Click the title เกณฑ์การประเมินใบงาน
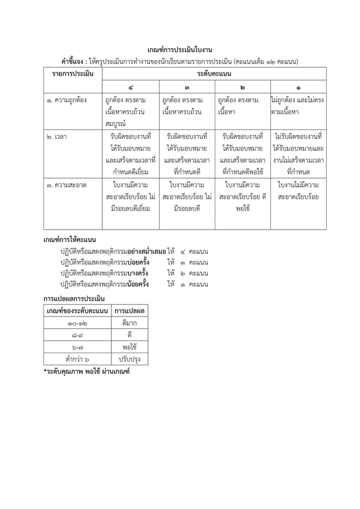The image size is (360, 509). tap(180, 50)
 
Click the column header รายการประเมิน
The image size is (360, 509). tap(73, 73)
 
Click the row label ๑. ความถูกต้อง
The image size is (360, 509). tap(67, 100)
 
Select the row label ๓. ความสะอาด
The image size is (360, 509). tap(67, 185)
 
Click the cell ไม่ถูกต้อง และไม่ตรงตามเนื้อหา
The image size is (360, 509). tap(298, 106)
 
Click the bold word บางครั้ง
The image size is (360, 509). tap(138, 273)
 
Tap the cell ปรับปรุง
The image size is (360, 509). tap(129, 359)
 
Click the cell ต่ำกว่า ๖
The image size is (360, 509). tap(77, 359)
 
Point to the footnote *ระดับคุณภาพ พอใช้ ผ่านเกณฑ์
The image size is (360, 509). tap(86, 371)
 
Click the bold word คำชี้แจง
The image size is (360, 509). tap(74, 62)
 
